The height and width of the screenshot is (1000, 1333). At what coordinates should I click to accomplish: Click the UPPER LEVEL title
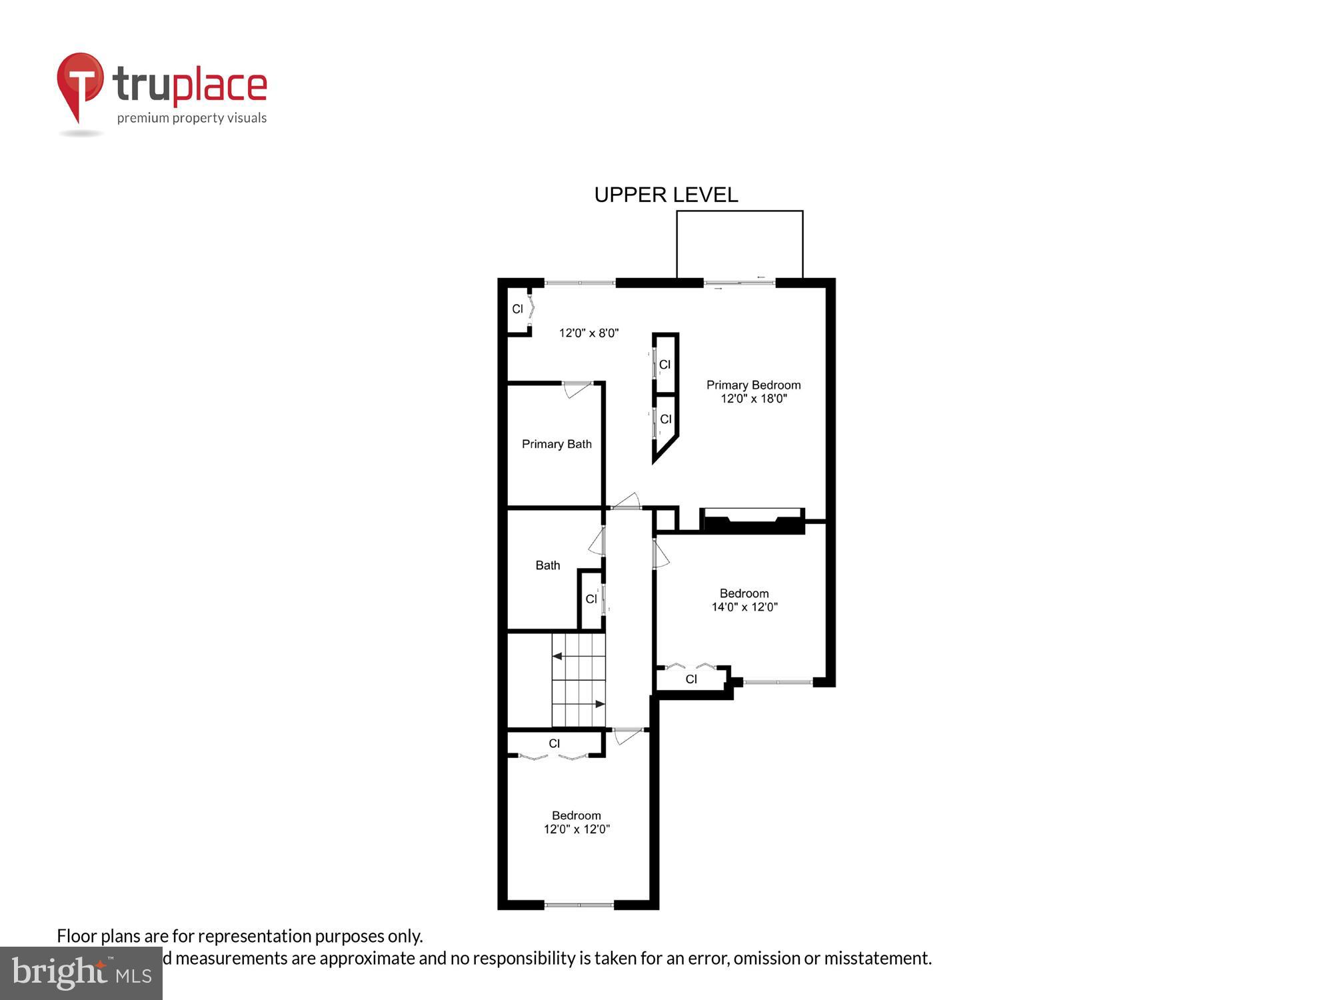point(666,195)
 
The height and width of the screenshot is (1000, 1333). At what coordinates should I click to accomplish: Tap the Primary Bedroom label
point(753,385)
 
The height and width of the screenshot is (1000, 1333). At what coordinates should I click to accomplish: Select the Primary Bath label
point(557,444)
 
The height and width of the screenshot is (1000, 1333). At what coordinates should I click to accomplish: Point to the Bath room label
point(548,565)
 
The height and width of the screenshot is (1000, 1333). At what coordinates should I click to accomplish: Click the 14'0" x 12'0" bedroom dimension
point(744,607)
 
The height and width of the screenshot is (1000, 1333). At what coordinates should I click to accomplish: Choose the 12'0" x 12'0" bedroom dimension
point(577,829)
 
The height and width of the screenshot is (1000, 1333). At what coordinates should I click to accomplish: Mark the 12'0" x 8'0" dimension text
point(589,333)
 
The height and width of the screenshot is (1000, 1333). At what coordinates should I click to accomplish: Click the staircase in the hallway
point(579,680)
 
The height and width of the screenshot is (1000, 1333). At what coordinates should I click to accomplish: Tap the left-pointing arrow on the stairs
point(557,657)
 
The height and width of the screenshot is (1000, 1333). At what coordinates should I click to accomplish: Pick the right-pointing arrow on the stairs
point(600,704)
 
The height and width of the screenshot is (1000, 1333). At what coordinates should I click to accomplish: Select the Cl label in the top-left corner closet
point(517,309)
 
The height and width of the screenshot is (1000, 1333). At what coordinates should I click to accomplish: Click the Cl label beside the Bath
point(591,599)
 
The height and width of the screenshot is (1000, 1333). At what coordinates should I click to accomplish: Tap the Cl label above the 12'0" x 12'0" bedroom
point(555,743)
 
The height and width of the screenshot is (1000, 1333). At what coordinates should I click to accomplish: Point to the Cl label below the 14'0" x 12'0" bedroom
point(691,679)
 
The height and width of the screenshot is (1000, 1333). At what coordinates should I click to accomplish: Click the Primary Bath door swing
point(577,389)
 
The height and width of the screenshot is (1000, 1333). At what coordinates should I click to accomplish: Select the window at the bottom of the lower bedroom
point(579,905)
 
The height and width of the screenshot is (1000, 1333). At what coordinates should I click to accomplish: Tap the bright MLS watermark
point(81,973)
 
